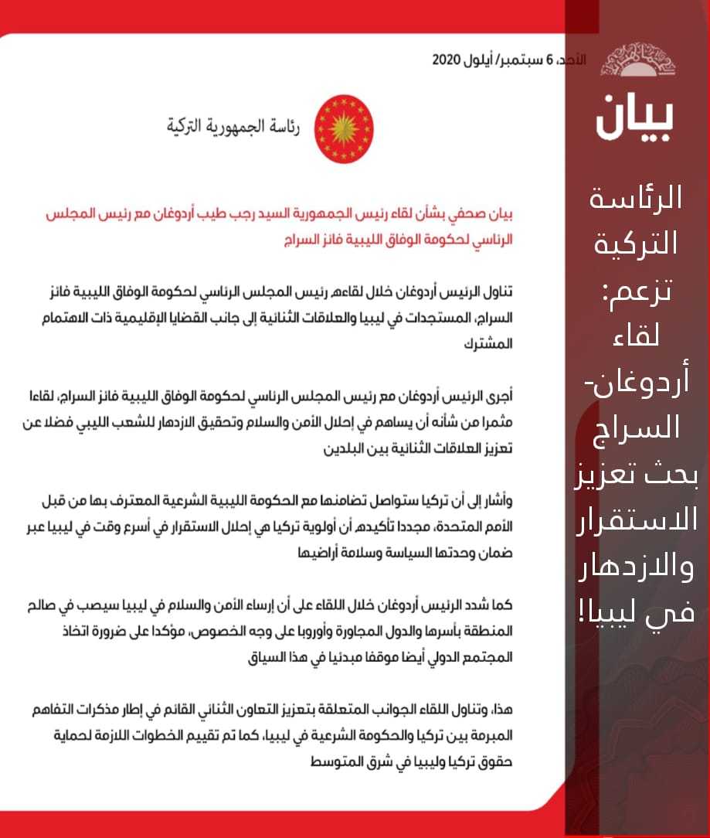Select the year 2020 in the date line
click(x=447, y=60)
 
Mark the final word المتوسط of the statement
click(x=324, y=762)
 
